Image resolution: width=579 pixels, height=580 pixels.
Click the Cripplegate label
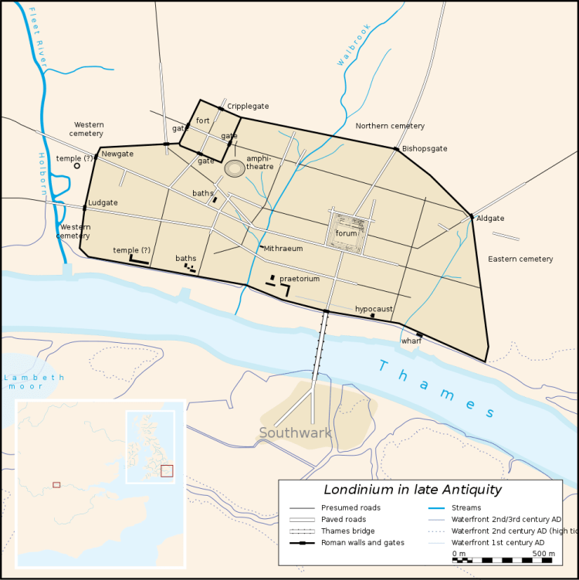[x=248, y=107]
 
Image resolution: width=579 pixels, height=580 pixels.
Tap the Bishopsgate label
[x=425, y=148]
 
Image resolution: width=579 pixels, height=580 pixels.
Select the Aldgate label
[x=490, y=219]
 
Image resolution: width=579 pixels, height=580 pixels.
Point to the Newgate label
[x=117, y=154]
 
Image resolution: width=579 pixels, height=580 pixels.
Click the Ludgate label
[x=103, y=202]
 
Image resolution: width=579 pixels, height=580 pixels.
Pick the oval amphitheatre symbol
[x=235, y=168]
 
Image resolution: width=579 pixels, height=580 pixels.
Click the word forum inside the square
[x=347, y=233]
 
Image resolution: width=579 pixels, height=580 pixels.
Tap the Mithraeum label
[x=283, y=249]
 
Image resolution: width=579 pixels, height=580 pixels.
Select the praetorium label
[x=300, y=278]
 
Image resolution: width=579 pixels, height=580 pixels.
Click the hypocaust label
[x=374, y=309]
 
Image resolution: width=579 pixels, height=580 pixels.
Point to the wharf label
[x=411, y=341]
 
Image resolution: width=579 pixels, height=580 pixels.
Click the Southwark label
[x=295, y=432]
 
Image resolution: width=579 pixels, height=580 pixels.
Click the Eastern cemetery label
[x=520, y=259]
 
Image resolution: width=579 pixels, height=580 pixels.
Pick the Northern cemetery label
[x=390, y=126]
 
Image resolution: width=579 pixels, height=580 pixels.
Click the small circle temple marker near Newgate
[x=76, y=165]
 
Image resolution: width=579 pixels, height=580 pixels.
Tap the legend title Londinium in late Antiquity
[x=412, y=490]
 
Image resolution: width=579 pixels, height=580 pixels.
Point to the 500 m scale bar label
[x=543, y=554]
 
